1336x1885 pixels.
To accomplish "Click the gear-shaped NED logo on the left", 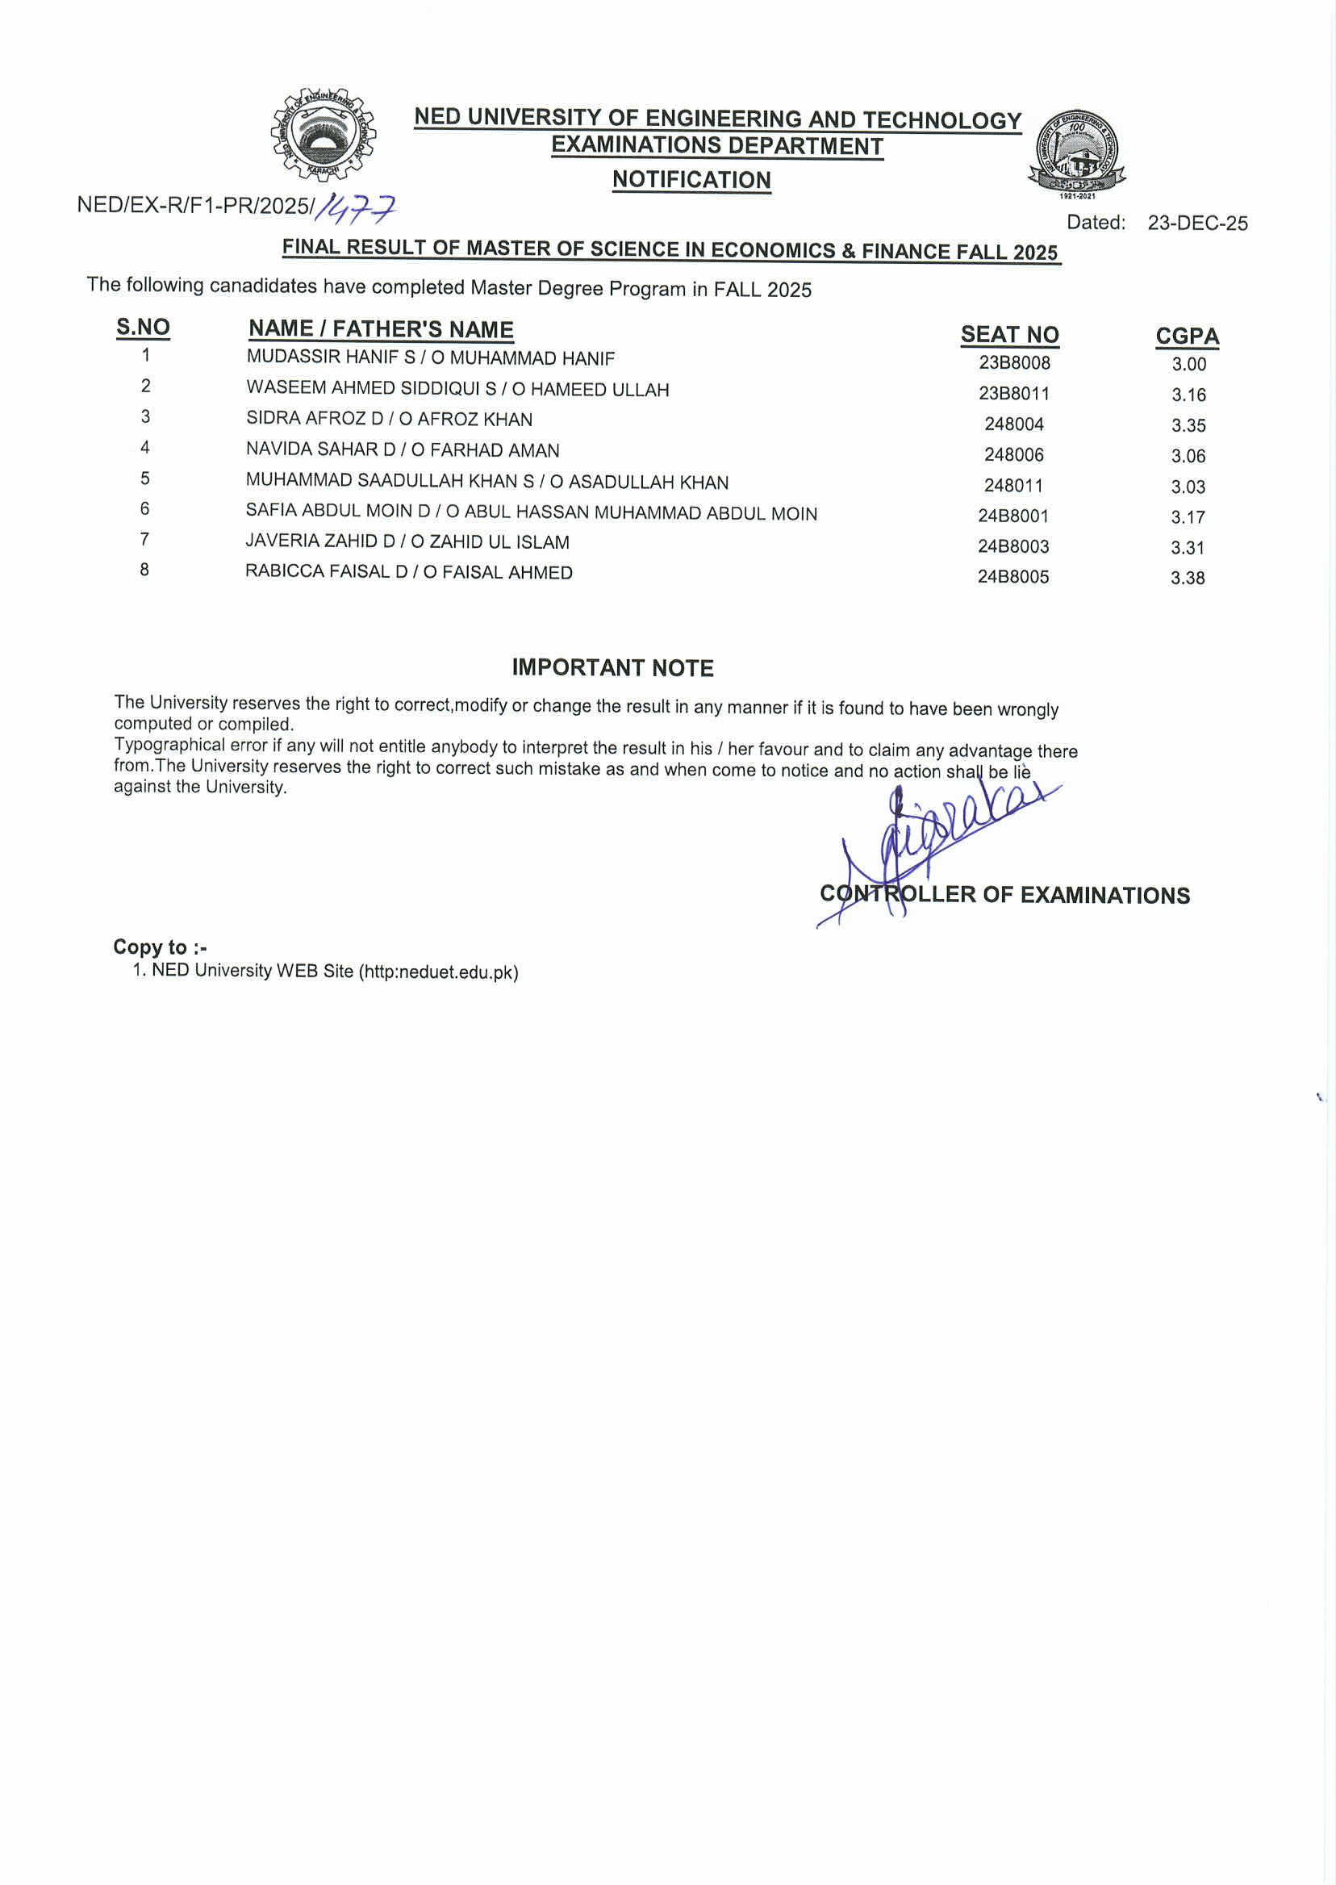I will point(323,134).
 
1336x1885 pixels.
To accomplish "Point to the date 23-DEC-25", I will point(1197,223).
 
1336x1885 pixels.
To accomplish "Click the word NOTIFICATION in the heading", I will point(691,179).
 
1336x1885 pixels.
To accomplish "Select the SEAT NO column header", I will point(1009,335).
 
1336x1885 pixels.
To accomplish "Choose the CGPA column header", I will point(1186,336).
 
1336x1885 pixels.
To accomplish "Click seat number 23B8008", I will point(1013,363).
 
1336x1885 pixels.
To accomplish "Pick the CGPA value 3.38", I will point(1187,579).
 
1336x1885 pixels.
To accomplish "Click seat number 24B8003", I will point(1012,546).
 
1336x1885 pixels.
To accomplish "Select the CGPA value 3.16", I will point(1188,395).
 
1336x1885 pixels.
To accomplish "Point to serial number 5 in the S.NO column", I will point(144,479).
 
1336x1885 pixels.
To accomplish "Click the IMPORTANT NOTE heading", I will point(612,667).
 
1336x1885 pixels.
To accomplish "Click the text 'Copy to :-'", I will point(160,947).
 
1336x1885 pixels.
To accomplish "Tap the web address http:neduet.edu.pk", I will point(440,972).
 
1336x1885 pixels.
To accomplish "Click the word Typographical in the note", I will point(169,745).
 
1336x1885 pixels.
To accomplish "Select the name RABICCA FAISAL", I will point(317,571).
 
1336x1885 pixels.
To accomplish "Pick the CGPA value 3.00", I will point(1188,365).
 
